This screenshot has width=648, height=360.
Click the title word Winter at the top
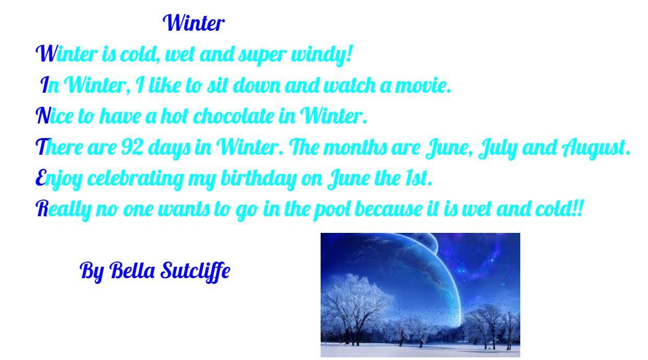(193, 23)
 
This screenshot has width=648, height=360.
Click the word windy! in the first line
(322, 55)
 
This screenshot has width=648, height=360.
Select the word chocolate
(234, 116)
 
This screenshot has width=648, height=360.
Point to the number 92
(131, 147)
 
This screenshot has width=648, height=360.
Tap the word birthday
(259, 179)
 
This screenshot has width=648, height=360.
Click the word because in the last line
(388, 209)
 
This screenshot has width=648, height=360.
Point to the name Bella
(132, 270)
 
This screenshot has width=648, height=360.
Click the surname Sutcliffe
(195, 271)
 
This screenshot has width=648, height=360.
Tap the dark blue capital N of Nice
(43, 116)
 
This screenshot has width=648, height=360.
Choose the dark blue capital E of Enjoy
(41, 178)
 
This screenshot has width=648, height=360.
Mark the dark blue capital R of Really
(42, 208)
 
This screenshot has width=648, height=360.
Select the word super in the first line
(262, 55)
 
